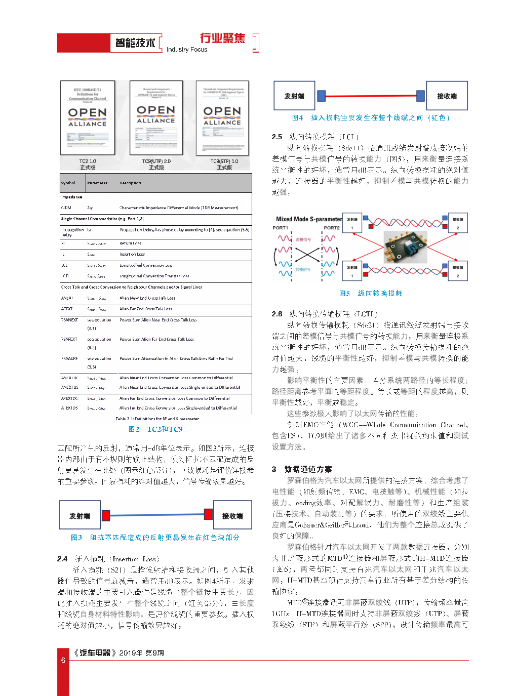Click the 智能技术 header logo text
[135, 43]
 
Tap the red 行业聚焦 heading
[222, 38]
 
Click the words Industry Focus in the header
[187, 50]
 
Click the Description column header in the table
[130, 183]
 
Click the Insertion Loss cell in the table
[132, 254]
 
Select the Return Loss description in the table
[130, 243]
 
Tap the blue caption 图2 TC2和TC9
[155, 429]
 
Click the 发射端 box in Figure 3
[80, 515]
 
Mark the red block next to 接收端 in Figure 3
[208, 515]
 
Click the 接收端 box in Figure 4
[447, 96]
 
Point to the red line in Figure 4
[371, 95]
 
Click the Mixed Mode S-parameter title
[309, 219]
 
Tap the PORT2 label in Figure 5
[332, 228]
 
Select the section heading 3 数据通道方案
[302, 469]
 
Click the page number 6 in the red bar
[63, 660]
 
